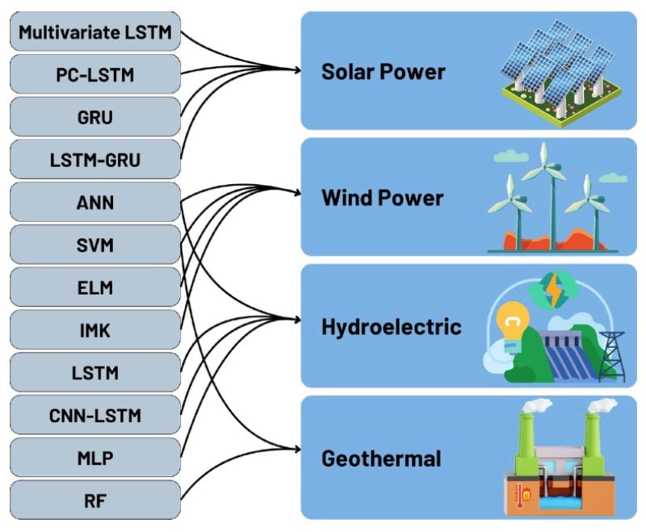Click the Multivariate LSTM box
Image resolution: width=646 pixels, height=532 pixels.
point(94,33)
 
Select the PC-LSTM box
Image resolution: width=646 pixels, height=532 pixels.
point(94,75)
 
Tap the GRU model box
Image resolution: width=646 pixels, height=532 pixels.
point(94,117)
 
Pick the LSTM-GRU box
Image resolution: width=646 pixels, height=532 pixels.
point(94,160)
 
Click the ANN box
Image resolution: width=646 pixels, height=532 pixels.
point(94,203)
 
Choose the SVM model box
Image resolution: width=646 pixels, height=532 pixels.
point(94,245)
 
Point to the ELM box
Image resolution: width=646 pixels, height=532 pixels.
point(94,287)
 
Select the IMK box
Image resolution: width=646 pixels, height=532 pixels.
point(94,330)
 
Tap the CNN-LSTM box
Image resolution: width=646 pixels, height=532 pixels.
point(94,416)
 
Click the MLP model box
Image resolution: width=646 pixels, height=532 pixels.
point(94,459)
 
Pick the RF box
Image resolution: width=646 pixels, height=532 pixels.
point(94,501)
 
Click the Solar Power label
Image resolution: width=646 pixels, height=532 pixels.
point(383,72)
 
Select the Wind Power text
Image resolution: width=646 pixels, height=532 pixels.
point(382,198)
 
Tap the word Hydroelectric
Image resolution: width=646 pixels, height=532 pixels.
point(391,327)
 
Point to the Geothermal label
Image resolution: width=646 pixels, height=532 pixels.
point(381,459)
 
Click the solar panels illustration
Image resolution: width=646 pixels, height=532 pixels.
point(554,71)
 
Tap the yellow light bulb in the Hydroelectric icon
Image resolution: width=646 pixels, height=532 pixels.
point(510,324)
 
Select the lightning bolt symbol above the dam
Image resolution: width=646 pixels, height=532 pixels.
point(555,288)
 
